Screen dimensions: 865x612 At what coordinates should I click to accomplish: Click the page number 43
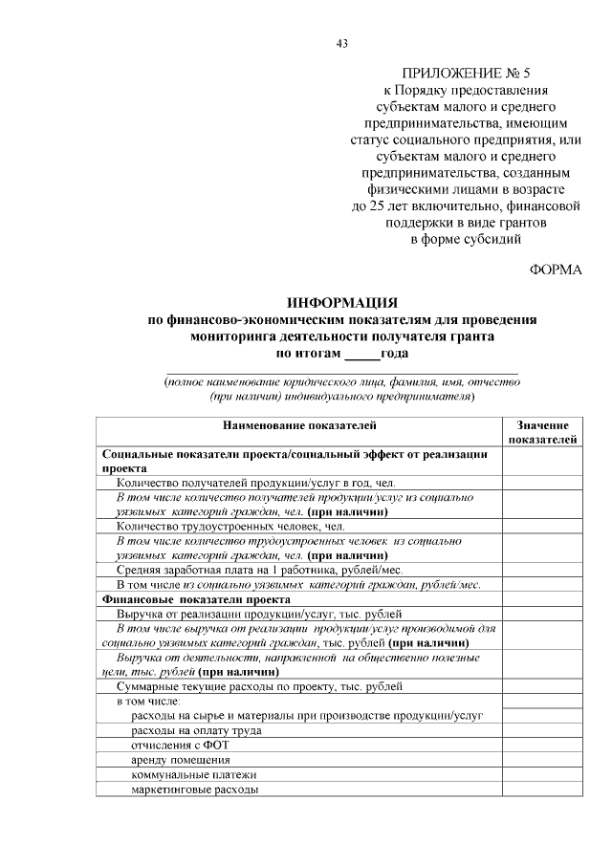(x=342, y=43)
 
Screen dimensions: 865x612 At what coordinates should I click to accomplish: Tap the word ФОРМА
(x=555, y=270)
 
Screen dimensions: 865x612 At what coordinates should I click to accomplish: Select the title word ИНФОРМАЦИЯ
(x=342, y=303)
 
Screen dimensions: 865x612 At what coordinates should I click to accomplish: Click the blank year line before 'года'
(x=361, y=354)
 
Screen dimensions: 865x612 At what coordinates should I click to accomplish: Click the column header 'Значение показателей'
(x=541, y=432)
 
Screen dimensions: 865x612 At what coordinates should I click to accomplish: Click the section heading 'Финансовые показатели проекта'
(x=184, y=599)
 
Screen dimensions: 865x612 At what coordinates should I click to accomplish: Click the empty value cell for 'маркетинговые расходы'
(x=541, y=789)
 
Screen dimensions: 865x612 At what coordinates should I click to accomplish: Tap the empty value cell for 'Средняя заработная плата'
(x=541, y=570)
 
